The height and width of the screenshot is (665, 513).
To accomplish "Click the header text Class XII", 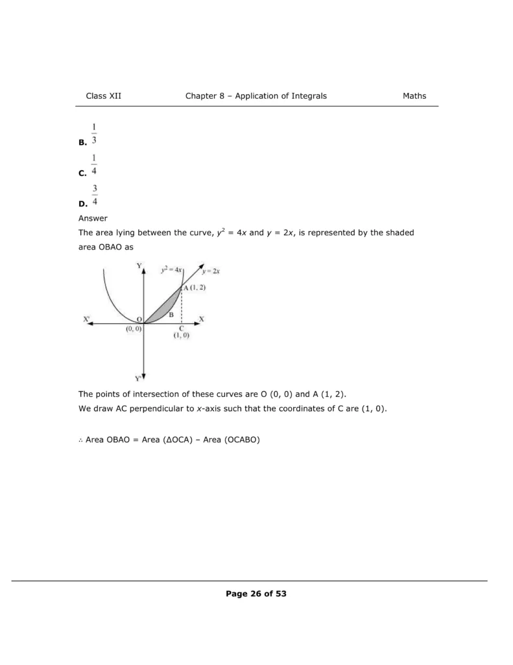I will pos(103,96).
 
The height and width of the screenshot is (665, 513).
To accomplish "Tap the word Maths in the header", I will pos(414,96).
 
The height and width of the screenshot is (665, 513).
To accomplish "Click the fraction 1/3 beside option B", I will pos(95,133).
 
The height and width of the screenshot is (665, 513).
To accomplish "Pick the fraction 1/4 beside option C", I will pos(95,165).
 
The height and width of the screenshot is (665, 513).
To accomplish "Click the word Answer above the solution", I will pos(93,218).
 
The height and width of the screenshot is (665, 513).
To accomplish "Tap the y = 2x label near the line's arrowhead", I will pos(210,271).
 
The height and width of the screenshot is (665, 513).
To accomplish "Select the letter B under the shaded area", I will pos(171,314).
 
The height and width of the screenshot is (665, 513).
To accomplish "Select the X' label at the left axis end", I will pos(87,320).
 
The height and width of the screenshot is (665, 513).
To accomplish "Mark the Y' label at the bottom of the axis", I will pos(138,377).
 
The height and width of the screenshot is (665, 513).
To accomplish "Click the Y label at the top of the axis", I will pos(139,266).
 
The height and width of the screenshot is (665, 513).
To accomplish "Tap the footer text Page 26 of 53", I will pos(256,594).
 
